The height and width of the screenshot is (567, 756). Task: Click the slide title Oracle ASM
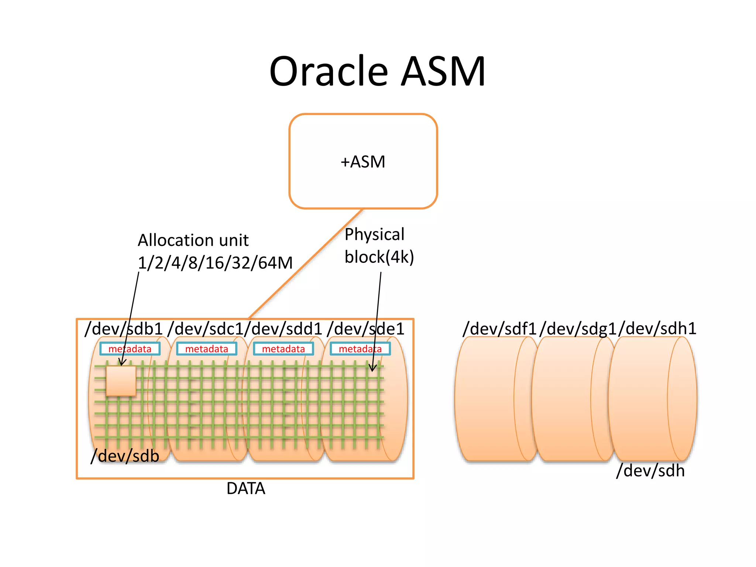point(377,71)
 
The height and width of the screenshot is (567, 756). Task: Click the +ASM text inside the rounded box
point(363,162)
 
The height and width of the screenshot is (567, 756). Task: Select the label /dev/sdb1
point(124,329)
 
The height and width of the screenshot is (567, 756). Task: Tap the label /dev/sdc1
point(205,329)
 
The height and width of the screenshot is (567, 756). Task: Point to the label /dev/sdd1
point(283,329)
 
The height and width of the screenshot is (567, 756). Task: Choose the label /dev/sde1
point(365,329)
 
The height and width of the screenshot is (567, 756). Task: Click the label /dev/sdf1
point(499,329)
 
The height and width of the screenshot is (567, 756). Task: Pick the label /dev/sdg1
point(578,329)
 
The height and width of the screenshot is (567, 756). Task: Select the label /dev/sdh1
point(657,329)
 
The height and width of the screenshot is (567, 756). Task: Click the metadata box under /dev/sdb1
point(130,349)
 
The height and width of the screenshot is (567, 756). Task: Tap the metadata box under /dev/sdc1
point(207,349)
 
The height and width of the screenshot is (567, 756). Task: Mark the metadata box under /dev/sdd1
point(283,349)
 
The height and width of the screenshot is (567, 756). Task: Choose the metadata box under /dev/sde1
point(360,349)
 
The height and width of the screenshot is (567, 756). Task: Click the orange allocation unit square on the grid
point(121,381)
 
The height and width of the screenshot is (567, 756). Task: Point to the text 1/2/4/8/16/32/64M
point(215,263)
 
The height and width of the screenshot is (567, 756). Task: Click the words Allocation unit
point(193,240)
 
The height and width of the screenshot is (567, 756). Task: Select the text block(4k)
point(379,257)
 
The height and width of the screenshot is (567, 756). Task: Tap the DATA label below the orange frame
point(246,488)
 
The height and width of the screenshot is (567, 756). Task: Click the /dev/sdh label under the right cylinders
point(650,471)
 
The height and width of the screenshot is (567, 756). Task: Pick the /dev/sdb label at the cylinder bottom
point(125,456)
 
